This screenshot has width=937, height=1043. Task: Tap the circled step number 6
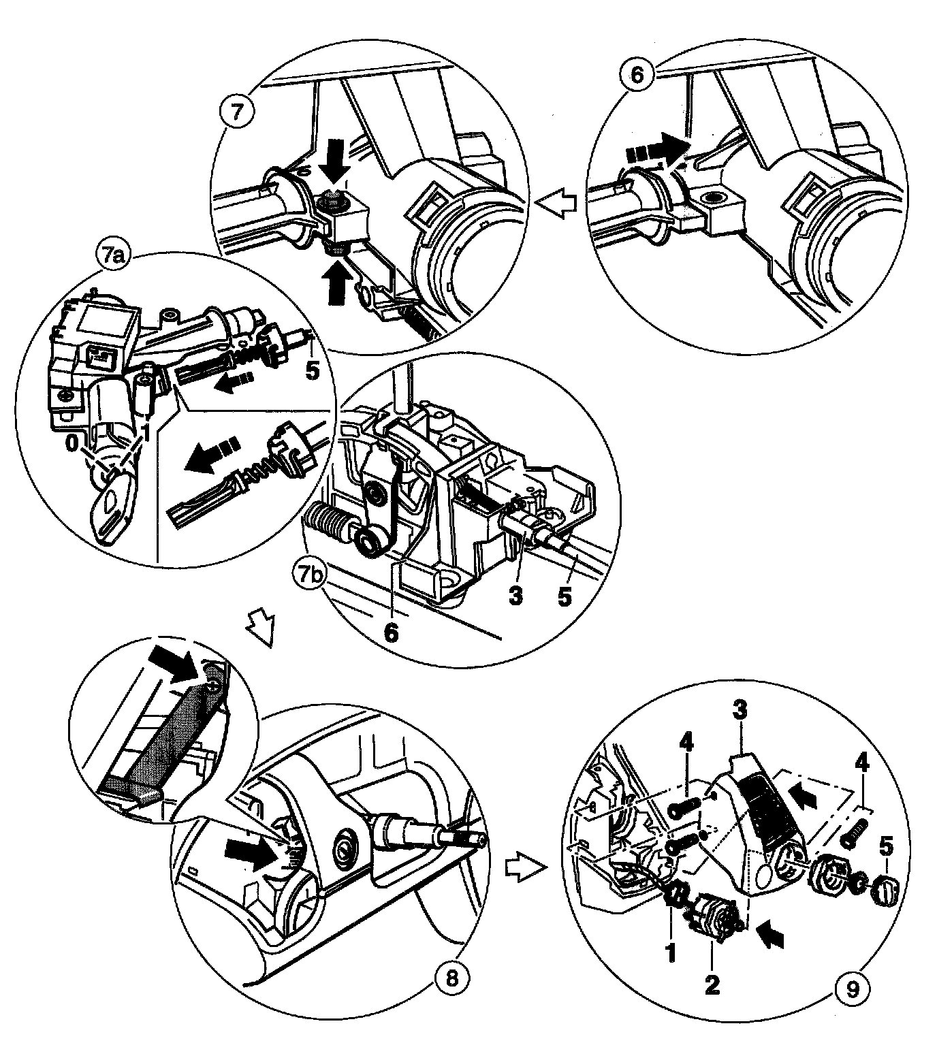tap(637, 74)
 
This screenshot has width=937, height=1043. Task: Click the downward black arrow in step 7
tap(336, 161)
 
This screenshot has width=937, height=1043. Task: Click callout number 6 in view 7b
tap(390, 632)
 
